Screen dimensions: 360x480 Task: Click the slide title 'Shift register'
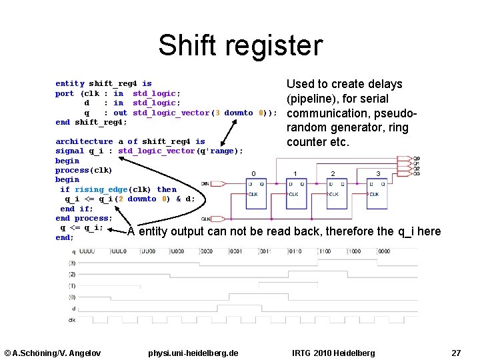(x=240, y=45)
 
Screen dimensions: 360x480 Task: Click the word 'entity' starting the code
(x=69, y=84)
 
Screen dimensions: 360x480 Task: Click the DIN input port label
(x=205, y=183)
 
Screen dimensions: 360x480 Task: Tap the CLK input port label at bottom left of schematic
(x=206, y=219)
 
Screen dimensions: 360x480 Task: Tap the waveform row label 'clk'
(x=72, y=319)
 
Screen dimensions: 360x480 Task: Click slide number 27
(x=456, y=352)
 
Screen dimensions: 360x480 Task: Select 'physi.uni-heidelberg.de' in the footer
(x=193, y=352)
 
